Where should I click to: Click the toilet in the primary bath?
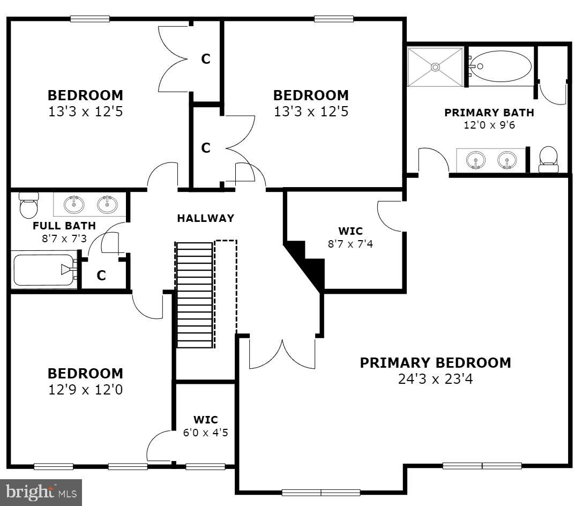pos(548,159)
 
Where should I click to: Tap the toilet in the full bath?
pos(28,205)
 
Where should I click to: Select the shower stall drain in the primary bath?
pos(435,67)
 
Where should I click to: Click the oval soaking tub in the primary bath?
pos(502,66)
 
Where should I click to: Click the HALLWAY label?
pos(206,218)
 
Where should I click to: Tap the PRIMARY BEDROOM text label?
pos(435,363)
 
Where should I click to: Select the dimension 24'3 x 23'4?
pos(435,379)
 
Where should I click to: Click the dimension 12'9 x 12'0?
pos(85,390)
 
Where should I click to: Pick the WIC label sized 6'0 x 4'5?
pos(206,420)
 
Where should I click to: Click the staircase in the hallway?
pos(194,295)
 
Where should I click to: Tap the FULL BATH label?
pos(64,226)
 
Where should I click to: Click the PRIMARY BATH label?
pos(489,113)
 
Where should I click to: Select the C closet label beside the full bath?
pos(101,276)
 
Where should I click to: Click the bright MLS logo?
pos(41,491)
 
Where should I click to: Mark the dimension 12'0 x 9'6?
pos(489,125)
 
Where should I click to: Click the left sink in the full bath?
pos(74,204)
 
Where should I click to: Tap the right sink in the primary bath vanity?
pos(506,160)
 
